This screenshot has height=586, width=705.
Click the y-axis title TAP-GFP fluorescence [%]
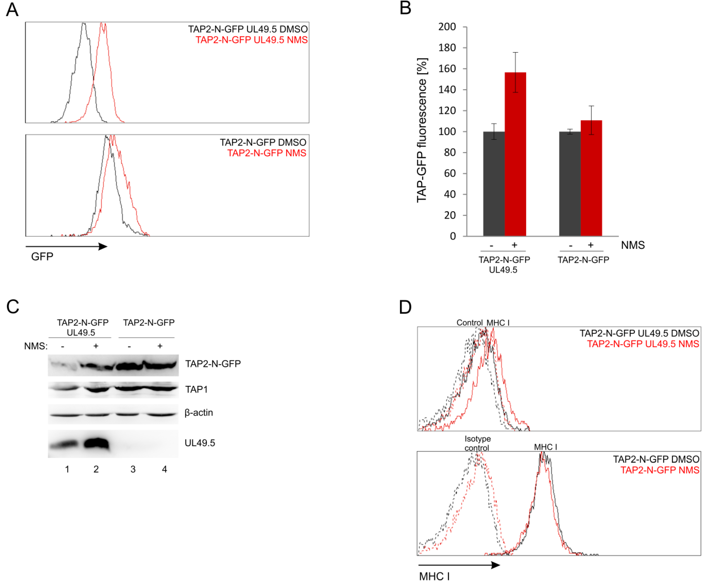422,130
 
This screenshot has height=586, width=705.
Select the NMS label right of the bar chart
633,245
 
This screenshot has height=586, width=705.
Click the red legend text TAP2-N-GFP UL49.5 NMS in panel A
252,40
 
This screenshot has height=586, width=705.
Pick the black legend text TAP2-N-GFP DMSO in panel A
263,142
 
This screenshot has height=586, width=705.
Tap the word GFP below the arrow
42,257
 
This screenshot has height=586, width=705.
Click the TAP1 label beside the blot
196,389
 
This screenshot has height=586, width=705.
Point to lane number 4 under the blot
164,469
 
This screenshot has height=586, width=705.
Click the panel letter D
405,307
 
